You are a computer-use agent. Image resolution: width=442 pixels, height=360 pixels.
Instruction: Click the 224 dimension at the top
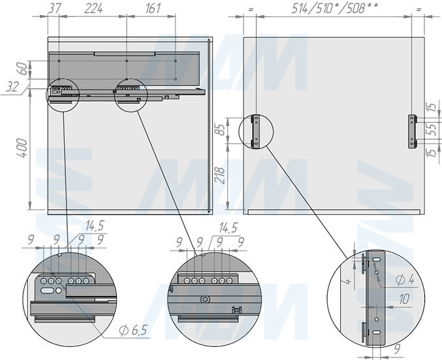[93, 8]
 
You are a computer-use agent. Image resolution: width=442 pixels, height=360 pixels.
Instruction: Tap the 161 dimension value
[153, 8]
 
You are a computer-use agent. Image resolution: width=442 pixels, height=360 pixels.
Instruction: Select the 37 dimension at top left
[54, 8]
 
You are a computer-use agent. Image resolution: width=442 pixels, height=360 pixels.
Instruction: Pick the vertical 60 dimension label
[24, 69]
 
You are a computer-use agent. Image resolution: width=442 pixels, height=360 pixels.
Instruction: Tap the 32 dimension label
[12, 87]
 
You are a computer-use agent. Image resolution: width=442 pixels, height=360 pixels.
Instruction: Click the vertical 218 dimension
[221, 176]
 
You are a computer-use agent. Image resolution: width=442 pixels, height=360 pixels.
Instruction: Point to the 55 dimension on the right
[433, 129]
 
